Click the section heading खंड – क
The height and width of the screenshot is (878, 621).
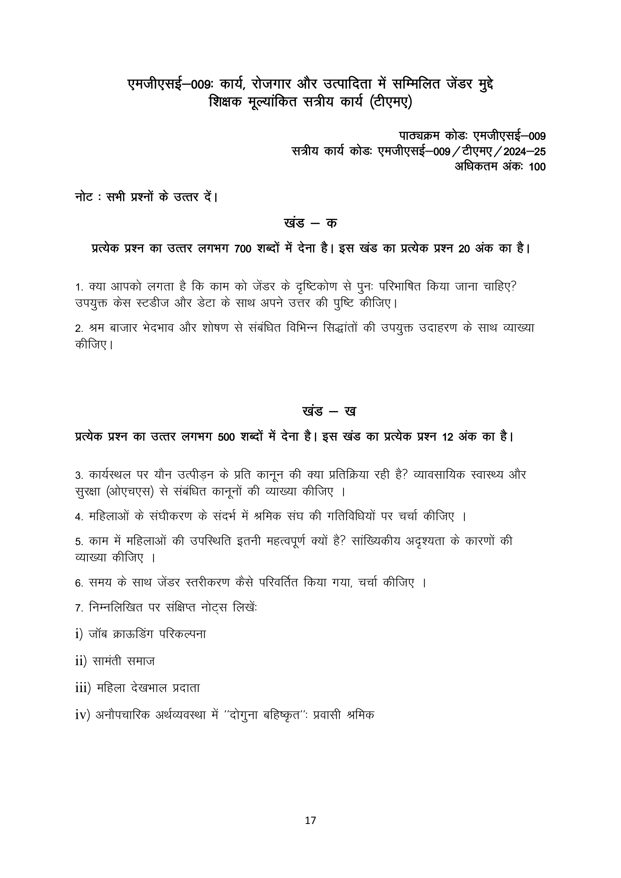pyautogui.click(x=310, y=223)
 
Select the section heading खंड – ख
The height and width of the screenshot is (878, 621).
pyautogui.click(x=329, y=411)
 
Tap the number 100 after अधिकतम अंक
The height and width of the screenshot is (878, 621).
pyautogui.click(x=537, y=167)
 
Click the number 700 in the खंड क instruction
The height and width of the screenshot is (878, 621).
pyautogui.click(x=243, y=249)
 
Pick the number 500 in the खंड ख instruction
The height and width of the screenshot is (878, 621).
pyautogui.click(x=226, y=437)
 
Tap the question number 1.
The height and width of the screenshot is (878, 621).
pyautogui.click(x=79, y=287)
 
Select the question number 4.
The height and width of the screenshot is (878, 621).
pyautogui.click(x=79, y=517)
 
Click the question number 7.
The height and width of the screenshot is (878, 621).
pyautogui.click(x=79, y=608)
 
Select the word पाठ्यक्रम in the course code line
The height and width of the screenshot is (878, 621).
pyautogui.click(x=419, y=136)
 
